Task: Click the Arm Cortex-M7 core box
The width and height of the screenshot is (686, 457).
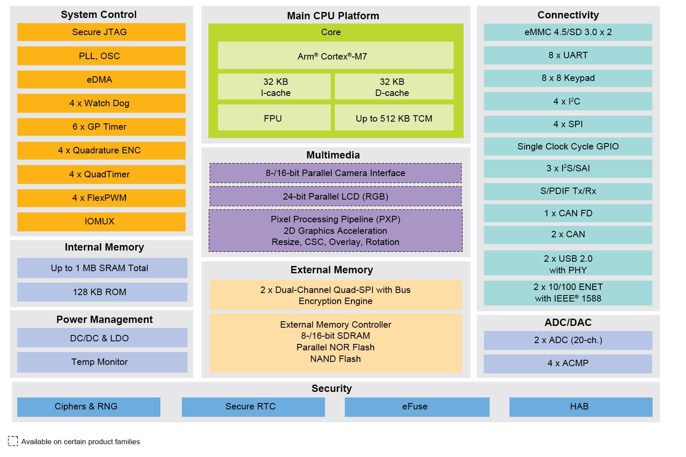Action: (x=336, y=56)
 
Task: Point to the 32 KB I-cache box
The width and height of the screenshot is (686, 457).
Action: (x=274, y=87)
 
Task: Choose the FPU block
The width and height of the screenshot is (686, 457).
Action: (x=274, y=118)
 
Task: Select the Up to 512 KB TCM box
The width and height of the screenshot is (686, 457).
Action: (x=394, y=118)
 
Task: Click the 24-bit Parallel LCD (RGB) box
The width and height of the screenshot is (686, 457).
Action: (x=336, y=197)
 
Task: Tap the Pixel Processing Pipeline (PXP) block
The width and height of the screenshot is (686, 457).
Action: (x=336, y=230)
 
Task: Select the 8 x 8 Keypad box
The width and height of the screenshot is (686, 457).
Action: (x=568, y=78)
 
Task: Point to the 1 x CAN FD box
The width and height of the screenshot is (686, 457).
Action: (x=568, y=213)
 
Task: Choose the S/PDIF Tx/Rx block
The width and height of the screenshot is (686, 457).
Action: (x=568, y=191)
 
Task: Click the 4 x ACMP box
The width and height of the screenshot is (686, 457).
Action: (x=568, y=363)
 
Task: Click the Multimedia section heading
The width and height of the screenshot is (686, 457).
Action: (x=333, y=155)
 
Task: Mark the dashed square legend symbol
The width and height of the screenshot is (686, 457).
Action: (x=13, y=441)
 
